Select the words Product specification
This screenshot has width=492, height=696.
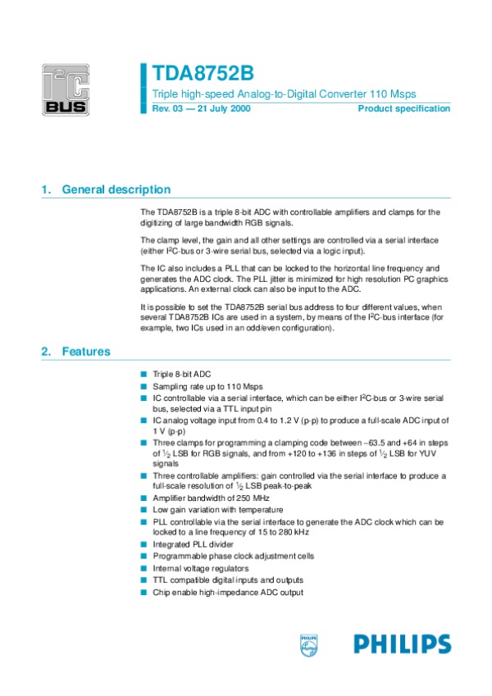tap(404, 109)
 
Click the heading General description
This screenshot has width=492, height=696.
tap(116, 189)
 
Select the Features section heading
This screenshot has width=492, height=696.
tap(86, 352)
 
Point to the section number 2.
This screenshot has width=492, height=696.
tap(45, 352)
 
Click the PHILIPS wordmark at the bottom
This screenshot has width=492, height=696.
tap(403, 644)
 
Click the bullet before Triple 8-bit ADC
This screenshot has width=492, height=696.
tap(144, 373)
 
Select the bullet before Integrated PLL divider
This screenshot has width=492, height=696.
tap(144, 544)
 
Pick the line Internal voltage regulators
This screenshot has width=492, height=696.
tap(199, 567)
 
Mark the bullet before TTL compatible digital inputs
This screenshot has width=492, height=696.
tap(144, 579)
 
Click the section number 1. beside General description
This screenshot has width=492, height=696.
tap(45, 189)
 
